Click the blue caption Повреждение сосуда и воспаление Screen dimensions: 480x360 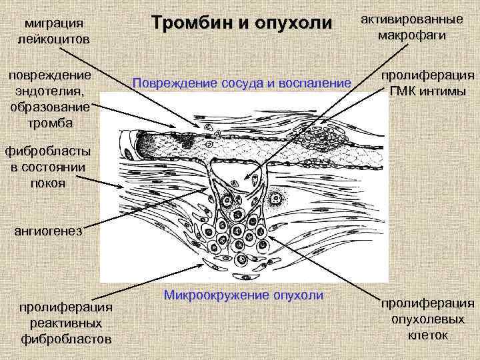241,83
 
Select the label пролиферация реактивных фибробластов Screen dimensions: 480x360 65,323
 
